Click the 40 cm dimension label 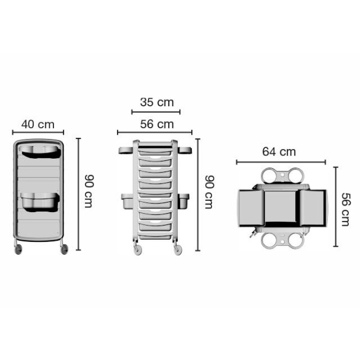tap(38, 124)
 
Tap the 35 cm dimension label tap(157, 102)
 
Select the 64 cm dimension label tap(279, 152)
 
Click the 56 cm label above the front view tap(157, 124)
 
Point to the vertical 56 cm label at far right tap(346, 209)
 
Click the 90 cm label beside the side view tap(88, 191)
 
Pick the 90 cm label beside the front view tap(209, 192)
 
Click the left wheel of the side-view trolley tap(18, 249)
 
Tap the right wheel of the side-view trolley tap(64, 249)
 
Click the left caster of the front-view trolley tap(137, 249)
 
